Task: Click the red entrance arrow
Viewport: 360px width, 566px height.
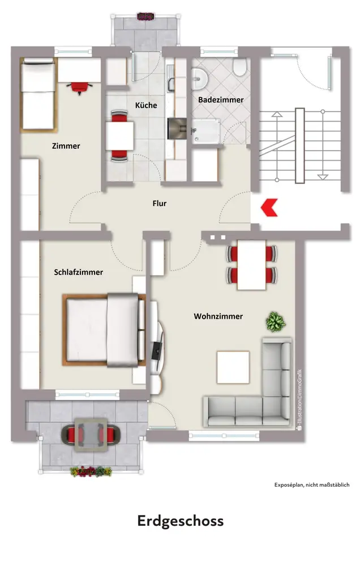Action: click(x=269, y=207)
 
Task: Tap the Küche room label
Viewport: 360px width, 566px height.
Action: click(x=146, y=105)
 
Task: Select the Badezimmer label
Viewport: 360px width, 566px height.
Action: click(x=221, y=100)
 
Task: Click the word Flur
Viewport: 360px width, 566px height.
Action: click(x=159, y=203)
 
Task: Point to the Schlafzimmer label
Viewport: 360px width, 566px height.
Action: click(x=78, y=272)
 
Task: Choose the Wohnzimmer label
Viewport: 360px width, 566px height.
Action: click(x=218, y=316)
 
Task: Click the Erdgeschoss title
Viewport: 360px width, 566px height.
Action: click(x=181, y=521)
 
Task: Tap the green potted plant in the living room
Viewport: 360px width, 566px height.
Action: click(x=276, y=321)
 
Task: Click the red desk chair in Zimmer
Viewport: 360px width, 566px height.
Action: click(x=79, y=87)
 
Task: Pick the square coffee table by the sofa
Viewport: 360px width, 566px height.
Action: click(x=233, y=367)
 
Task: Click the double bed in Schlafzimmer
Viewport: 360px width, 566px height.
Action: click(x=104, y=330)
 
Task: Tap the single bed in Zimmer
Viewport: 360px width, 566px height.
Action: click(x=38, y=94)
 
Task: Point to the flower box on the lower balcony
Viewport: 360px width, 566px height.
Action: click(x=91, y=471)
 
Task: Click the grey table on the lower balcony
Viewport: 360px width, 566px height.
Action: click(x=91, y=435)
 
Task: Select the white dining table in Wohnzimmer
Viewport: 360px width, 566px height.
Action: click(x=252, y=264)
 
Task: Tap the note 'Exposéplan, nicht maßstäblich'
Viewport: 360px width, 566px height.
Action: click(x=312, y=485)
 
